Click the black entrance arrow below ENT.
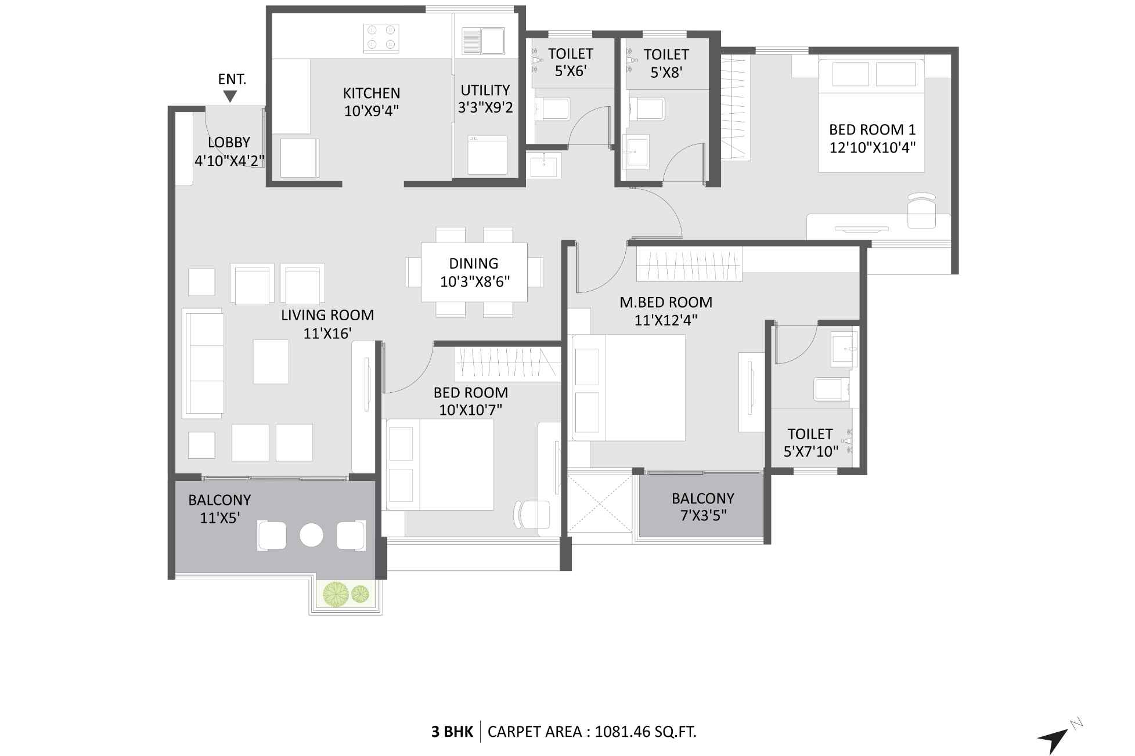pyautogui.click(x=230, y=96)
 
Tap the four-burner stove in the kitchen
pyautogui.click(x=381, y=38)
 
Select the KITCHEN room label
pyautogui.click(x=372, y=93)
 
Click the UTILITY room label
pyautogui.click(x=485, y=91)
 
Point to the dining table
pyautogui.click(x=474, y=272)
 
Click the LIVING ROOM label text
pyautogui.click(x=327, y=316)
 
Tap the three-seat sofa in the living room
pyautogui.click(x=203, y=363)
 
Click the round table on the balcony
pyautogui.click(x=311, y=535)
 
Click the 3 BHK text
pyautogui.click(x=452, y=732)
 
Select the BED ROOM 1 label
pyautogui.click(x=872, y=130)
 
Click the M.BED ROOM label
pyautogui.click(x=666, y=302)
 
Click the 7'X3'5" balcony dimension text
pyautogui.click(x=703, y=515)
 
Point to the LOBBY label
pyautogui.click(x=229, y=143)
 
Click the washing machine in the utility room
pyautogui.click(x=487, y=155)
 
